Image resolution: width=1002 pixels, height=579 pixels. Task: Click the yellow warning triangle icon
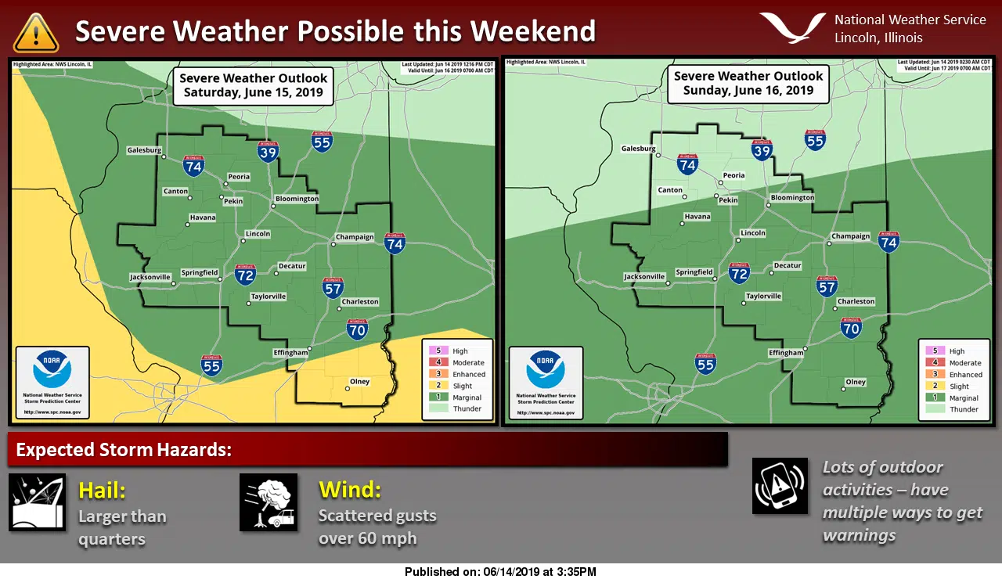36,33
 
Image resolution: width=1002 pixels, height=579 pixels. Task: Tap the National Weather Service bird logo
792,27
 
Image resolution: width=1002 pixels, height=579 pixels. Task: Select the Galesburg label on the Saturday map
145,150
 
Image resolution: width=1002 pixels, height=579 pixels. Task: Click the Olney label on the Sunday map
856,382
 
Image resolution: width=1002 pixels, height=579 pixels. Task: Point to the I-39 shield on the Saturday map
269,152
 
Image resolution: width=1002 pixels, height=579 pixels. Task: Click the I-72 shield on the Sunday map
739,272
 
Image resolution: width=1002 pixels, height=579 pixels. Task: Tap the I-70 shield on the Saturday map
358,329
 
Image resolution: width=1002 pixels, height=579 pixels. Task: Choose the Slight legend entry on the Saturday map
462,386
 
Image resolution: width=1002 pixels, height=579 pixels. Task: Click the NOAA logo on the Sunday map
546,371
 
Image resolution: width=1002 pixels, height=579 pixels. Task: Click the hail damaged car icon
37,502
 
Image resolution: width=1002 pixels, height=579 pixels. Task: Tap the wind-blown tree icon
269,502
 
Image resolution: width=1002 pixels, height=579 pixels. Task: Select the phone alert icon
780,486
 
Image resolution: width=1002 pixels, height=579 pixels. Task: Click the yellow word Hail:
102,491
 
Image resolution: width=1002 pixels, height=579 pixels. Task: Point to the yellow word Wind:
349,491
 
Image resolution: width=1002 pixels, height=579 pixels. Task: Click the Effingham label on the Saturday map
290,353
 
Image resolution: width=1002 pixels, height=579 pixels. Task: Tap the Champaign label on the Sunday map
850,236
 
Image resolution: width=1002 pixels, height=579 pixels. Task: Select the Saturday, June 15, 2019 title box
253,85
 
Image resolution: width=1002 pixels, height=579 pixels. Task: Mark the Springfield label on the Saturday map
199,272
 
